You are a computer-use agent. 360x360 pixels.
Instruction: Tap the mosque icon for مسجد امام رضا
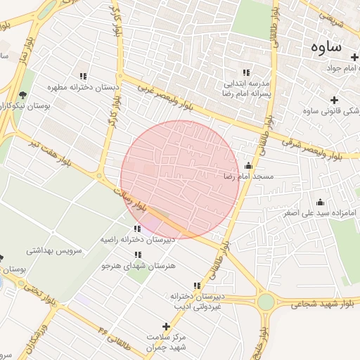click(x=247, y=166)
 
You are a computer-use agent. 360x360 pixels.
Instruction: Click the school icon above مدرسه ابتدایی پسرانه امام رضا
click(x=246, y=72)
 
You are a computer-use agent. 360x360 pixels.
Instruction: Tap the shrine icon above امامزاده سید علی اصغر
click(x=320, y=202)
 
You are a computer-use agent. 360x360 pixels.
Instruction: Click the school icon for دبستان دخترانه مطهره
click(x=83, y=76)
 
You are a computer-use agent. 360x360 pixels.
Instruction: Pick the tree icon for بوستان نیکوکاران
click(x=22, y=95)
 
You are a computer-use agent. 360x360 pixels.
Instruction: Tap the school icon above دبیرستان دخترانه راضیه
click(x=136, y=229)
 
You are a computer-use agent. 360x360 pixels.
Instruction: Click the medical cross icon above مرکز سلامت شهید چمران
click(x=166, y=326)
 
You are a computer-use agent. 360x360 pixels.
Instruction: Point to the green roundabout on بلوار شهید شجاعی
click(x=266, y=302)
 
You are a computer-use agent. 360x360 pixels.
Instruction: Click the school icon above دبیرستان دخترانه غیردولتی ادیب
click(x=197, y=285)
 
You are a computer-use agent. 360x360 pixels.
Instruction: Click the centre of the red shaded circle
click(x=179, y=179)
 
